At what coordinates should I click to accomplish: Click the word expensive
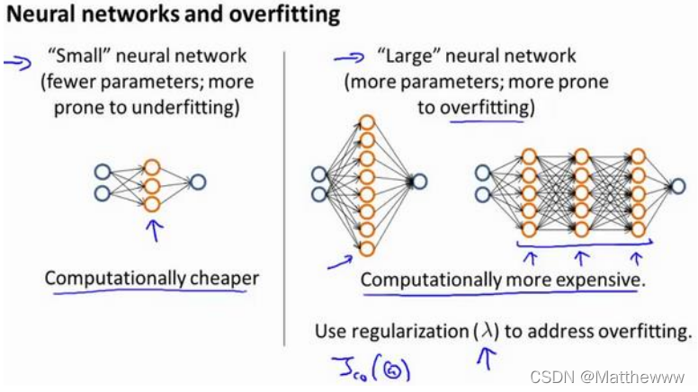point(595,280)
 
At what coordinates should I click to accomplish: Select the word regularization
point(406,332)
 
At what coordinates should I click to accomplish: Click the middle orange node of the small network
point(152,186)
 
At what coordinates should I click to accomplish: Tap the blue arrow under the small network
point(155,230)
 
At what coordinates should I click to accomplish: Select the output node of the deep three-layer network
point(677,186)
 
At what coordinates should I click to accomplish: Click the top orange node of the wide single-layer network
point(366,121)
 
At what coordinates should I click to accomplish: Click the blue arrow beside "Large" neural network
point(345,59)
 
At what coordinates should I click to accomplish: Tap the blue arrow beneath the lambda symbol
point(490,361)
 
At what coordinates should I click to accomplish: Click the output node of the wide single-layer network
point(420,182)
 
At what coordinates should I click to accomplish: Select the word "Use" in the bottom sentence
point(329,332)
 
